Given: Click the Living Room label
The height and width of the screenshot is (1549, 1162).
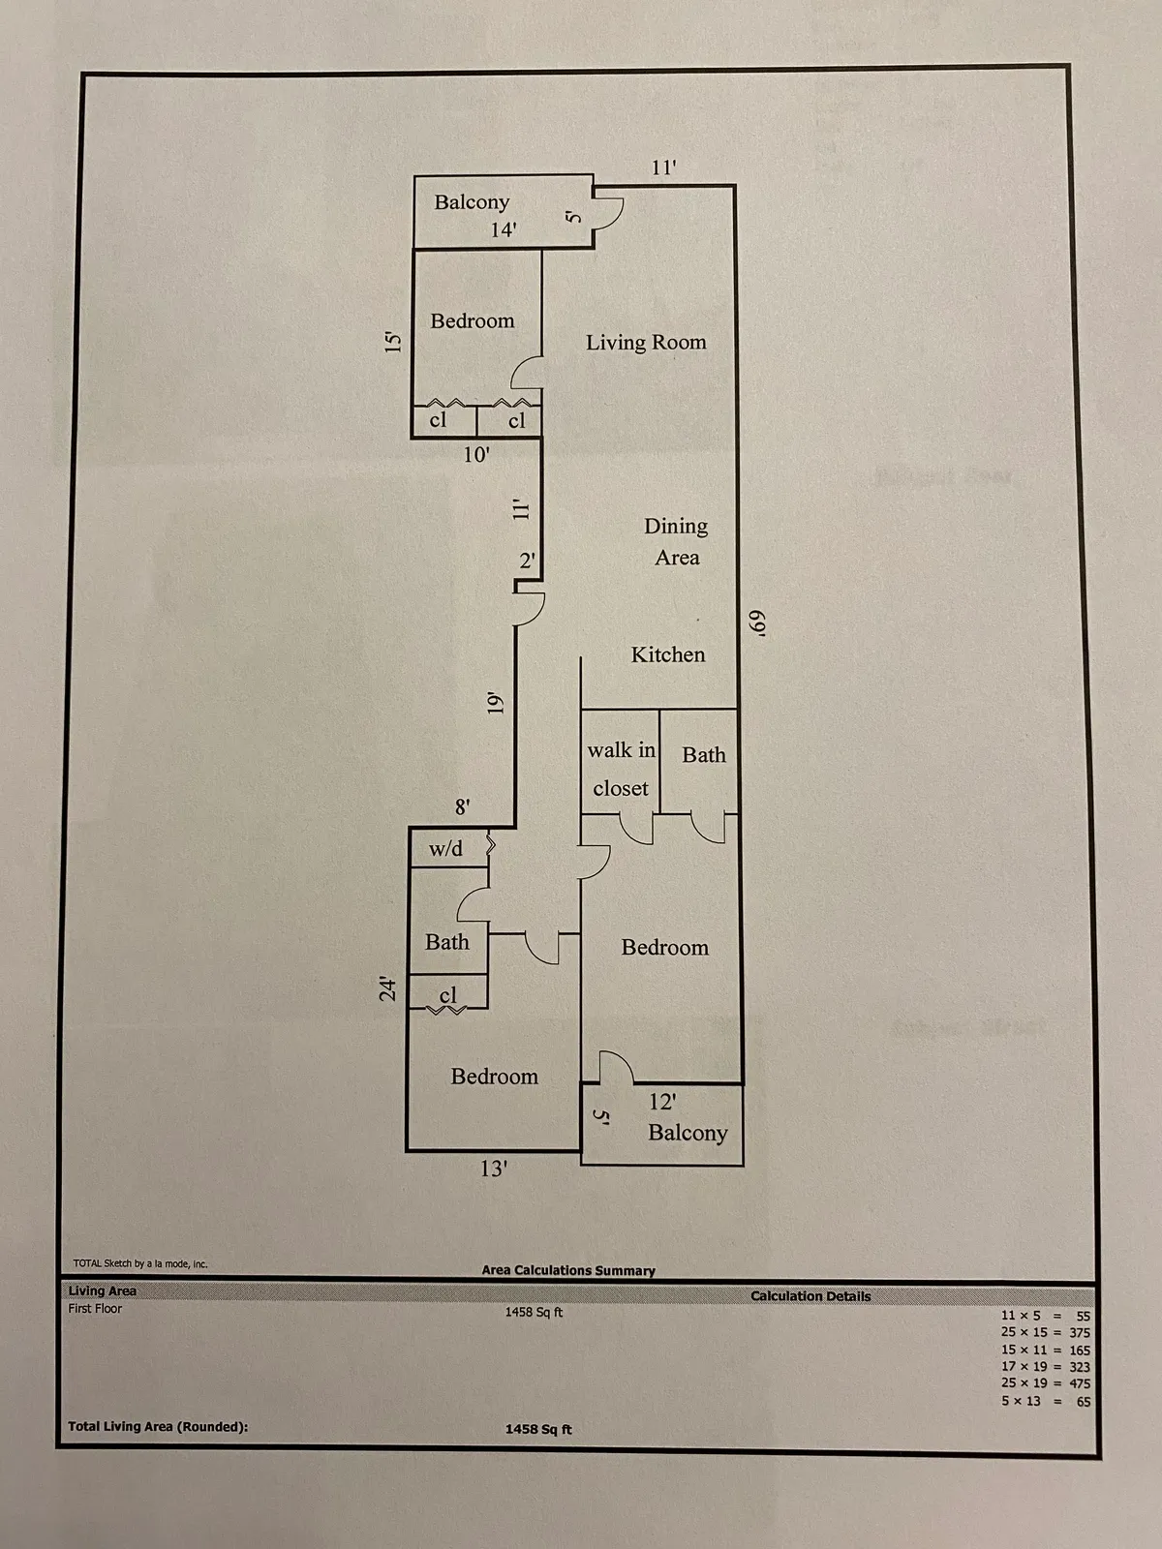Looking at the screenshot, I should (x=646, y=342).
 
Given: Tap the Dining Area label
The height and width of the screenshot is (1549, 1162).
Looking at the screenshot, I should (x=676, y=541).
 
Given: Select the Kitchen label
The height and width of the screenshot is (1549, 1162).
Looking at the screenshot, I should (x=668, y=654).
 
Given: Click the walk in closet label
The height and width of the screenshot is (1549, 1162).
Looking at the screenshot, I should (x=621, y=769).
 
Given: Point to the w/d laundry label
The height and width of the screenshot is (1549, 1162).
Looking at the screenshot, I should (x=445, y=849).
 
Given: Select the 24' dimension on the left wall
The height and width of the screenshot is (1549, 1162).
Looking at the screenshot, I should (x=388, y=988).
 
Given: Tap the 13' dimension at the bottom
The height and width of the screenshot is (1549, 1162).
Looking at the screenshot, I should (x=494, y=1169).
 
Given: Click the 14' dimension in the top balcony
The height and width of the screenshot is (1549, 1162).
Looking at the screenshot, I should (x=503, y=229).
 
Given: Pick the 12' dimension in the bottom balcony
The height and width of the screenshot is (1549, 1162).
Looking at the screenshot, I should (x=662, y=1102).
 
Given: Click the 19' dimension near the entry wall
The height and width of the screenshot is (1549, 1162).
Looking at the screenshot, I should (x=496, y=703).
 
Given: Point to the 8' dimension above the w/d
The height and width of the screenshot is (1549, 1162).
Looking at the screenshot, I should (x=463, y=806).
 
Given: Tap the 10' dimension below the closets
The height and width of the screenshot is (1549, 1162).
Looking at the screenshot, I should (x=475, y=455).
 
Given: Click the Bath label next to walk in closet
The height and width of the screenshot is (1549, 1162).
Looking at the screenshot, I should (x=703, y=755).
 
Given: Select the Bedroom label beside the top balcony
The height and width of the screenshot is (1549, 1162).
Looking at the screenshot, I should (x=473, y=320).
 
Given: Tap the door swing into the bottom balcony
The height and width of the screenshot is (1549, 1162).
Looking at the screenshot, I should (x=616, y=1067).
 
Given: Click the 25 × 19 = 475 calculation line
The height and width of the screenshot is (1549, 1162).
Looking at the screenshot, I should (x=1045, y=1383).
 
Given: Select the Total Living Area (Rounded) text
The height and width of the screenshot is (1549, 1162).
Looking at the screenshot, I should (x=158, y=1426).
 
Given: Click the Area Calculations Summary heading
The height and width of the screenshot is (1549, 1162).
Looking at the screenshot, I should (x=568, y=1270).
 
